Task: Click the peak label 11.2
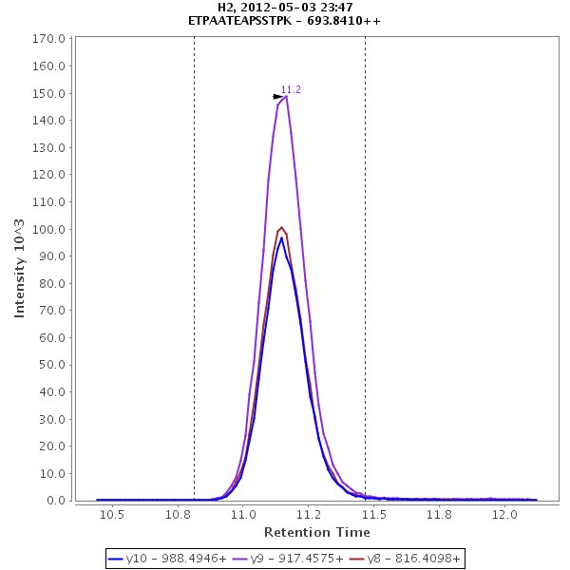(291, 89)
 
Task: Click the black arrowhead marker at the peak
(277, 97)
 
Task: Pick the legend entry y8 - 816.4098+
(406, 560)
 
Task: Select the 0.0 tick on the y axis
(56, 501)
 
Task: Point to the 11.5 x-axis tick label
(374, 514)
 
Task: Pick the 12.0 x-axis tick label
(504, 514)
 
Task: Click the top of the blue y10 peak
(281, 237)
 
